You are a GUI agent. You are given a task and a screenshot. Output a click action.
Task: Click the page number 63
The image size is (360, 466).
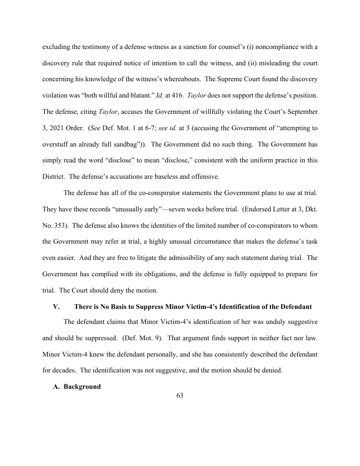tap(180, 395)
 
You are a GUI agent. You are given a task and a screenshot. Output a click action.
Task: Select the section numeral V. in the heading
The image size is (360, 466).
tap(56, 306)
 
